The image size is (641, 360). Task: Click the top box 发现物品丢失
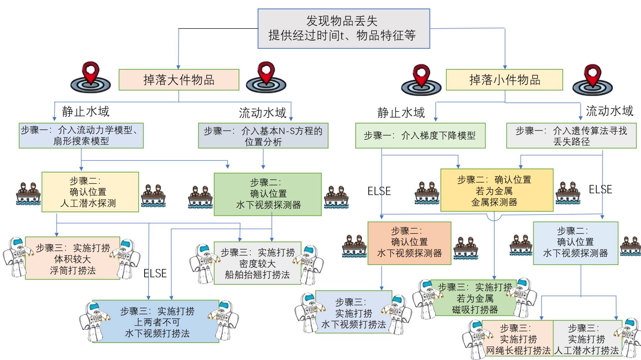pyautogui.click(x=344, y=29)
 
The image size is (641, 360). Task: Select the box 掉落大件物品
pyautogui.click(x=179, y=80)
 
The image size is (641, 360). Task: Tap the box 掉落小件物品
pyautogui.click(x=504, y=80)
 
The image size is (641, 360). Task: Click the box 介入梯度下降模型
pyautogui.click(x=420, y=135)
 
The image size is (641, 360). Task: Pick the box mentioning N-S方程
pyautogui.click(x=263, y=136)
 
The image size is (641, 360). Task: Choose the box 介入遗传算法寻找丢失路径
pyautogui.click(x=571, y=136)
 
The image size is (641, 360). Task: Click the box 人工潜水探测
pyautogui.click(x=90, y=192)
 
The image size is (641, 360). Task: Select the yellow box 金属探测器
pyautogui.click(x=497, y=190)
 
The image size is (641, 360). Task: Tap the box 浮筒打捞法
pyautogui.click(x=73, y=258)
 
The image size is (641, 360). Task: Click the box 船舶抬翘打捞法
pyautogui.click(x=257, y=263)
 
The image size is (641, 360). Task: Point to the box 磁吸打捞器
pyautogui.click(x=475, y=298)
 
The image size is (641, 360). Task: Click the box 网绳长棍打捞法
pyautogui.click(x=518, y=339)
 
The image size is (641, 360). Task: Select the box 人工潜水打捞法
pyautogui.click(x=587, y=339)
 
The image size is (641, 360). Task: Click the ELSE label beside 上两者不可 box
pyautogui.click(x=155, y=274)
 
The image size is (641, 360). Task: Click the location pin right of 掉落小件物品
pyautogui.click(x=593, y=80)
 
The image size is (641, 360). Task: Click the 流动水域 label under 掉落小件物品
pyautogui.click(x=609, y=111)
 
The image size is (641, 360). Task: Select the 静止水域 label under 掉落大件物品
pyautogui.click(x=86, y=111)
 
